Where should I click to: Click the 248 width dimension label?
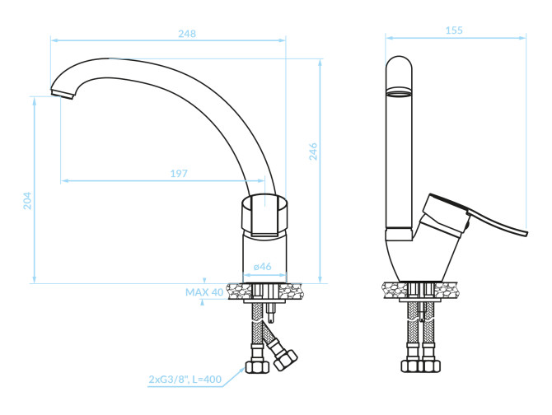pos(187,34)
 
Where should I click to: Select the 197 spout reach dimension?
pos(179,174)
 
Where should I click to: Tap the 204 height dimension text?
pos(27,201)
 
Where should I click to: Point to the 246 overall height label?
pos(313,152)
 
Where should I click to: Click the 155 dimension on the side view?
pos(454,30)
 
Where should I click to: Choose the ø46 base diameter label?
pos(263,267)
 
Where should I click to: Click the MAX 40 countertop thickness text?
pos(204,292)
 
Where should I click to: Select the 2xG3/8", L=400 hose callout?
pos(185,380)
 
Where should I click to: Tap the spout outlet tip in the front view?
pos(63,94)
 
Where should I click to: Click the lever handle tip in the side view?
pos(526,234)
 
